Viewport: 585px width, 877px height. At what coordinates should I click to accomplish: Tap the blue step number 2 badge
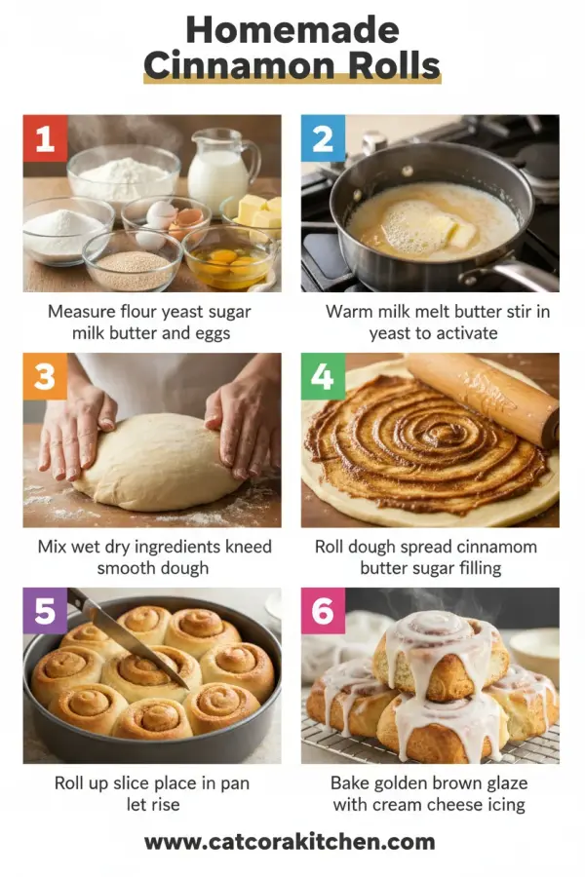323,138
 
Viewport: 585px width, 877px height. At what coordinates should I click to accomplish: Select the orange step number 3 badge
45,376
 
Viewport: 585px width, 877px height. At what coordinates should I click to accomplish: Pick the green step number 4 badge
323,376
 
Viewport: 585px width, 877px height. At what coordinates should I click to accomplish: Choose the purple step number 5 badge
45,611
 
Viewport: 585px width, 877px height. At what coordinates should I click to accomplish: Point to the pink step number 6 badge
323,611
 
